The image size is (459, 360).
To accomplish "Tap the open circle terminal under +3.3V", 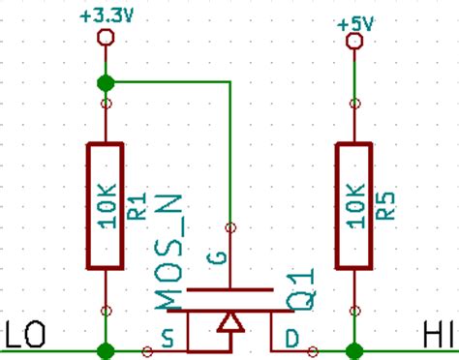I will click(106, 39).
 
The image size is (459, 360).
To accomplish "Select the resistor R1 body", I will click(106, 205).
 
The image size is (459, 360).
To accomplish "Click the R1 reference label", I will click(137, 205).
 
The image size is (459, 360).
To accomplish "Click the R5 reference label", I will click(384, 205).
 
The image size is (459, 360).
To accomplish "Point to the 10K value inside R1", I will click(107, 205).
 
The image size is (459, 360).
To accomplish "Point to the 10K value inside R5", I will click(354, 205).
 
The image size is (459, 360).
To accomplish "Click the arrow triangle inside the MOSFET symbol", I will click(229, 322).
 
